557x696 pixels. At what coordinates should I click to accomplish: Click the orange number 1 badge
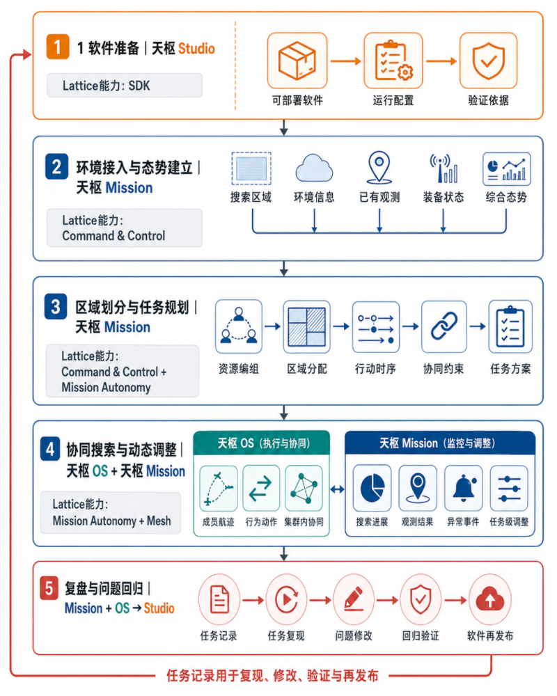pyautogui.click(x=58, y=47)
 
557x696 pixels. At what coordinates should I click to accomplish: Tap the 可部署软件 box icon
pyautogui.click(x=297, y=61)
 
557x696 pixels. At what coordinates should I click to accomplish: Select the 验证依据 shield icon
pyautogui.click(x=488, y=61)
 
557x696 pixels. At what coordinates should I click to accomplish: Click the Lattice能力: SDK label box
pyautogui.click(x=125, y=85)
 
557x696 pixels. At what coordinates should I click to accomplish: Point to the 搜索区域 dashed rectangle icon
pyautogui.click(x=251, y=168)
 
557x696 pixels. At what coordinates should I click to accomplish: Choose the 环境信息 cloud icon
pyautogui.click(x=314, y=168)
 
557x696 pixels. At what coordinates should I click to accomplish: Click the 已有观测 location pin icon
pyautogui.click(x=379, y=167)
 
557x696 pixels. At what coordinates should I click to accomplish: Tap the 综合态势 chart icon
pyautogui.click(x=506, y=169)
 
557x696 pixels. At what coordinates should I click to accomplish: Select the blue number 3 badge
pyautogui.click(x=56, y=306)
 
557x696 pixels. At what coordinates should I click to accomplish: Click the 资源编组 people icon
pyautogui.click(x=239, y=326)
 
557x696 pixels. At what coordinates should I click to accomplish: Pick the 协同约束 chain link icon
pyautogui.click(x=444, y=326)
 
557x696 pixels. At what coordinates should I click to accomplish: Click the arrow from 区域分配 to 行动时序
pyautogui.click(x=341, y=326)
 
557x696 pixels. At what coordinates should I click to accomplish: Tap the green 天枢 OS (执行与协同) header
pyautogui.click(x=262, y=443)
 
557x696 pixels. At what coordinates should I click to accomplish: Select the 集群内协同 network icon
pyautogui.click(x=304, y=488)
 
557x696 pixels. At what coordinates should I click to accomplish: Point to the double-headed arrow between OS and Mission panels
pyautogui.click(x=338, y=489)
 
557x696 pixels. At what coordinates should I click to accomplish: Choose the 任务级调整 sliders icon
pyautogui.click(x=509, y=488)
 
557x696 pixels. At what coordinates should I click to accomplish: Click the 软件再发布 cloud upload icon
pyautogui.click(x=490, y=600)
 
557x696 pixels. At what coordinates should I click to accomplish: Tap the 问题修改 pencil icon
pyautogui.click(x=354, y=600)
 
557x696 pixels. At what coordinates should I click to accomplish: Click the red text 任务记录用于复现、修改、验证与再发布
pyautogui.click(x=272, y=676)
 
